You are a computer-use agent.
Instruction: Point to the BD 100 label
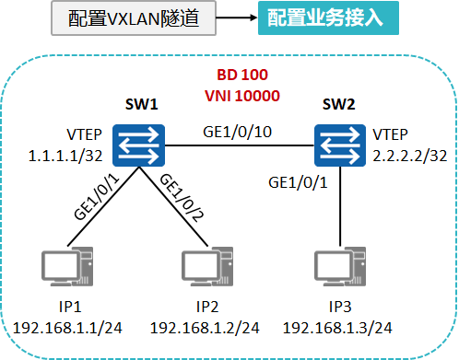click(241, 74)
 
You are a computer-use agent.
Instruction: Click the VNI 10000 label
click(241, 94)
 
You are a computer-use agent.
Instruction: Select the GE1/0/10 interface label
click(238, 132)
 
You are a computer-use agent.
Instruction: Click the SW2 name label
click(338, 104)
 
